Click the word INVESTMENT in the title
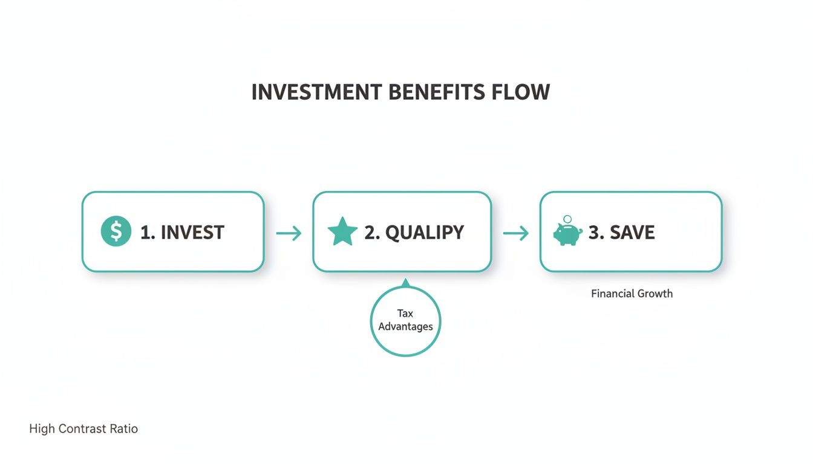point(316,92)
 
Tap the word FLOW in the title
point(521,92)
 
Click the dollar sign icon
point(116,232)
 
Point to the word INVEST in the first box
point(192,233)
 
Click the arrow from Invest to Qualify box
point(289,233)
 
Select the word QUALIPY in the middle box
point(424,233)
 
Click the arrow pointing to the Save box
point(516,233)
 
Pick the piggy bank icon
point(567,234)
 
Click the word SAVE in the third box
point(632,233)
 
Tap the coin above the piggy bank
point(567,219)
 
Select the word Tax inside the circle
point(405,314)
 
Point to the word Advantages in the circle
point(405,327)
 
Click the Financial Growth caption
point(632,294)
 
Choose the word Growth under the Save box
point(655,294)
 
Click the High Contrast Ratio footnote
point(83,429)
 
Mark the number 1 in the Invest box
point(146,233)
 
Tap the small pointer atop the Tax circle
point(405,282)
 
